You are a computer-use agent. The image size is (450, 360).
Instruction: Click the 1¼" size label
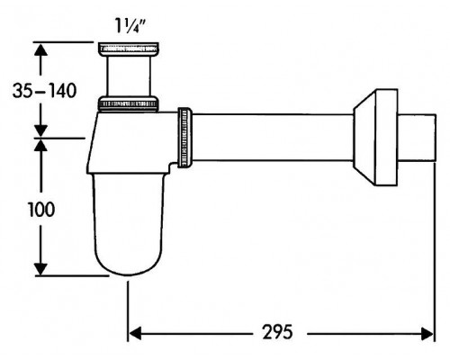[x=130, y=26]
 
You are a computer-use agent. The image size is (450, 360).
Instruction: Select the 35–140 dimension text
[x=44, y=91]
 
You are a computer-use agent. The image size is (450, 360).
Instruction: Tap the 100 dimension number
[x=41, y=210]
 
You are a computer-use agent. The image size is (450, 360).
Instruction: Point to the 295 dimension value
[x=277, y=332]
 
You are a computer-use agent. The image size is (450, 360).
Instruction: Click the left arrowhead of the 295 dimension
[x=134, y=334]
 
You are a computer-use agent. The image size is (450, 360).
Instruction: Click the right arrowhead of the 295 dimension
[x=427, y=334]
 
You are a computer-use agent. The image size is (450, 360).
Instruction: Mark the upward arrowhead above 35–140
[x=40, y=49]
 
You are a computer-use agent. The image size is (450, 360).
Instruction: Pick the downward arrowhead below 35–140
[x=40, y=130]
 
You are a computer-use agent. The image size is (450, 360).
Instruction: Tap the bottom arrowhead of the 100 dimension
[x=40, y=269]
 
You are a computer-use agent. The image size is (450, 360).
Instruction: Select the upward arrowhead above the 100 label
[x=40, y=145]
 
